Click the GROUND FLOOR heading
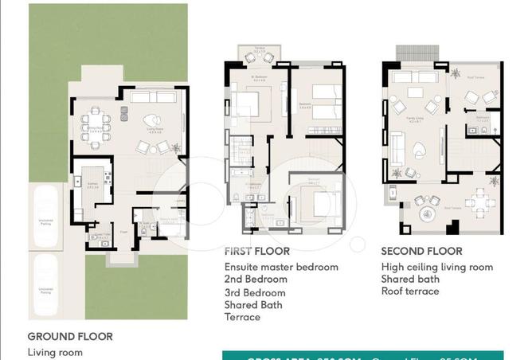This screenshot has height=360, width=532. pos(70,337)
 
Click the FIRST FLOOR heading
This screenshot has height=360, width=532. pos(256,252)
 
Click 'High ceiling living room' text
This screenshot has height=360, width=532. pos(436,267)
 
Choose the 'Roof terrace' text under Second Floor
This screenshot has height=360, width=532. pos(409,292)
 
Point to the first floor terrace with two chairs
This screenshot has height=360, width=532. pos(258,55)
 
